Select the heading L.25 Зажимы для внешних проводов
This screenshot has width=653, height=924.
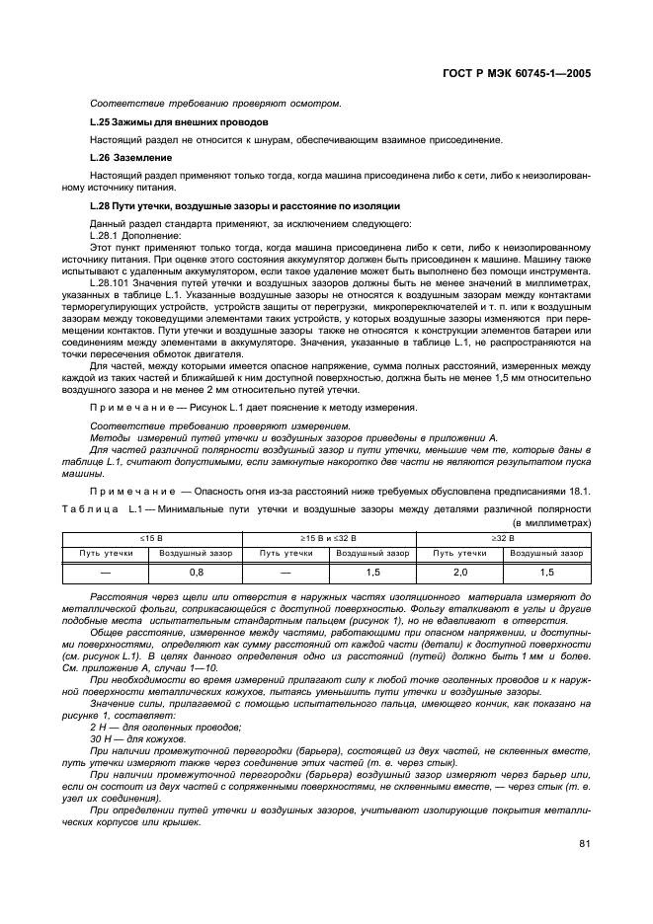coord(164,121)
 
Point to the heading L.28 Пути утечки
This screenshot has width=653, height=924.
coord(244,205)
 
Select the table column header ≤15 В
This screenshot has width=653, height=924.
coord(150,538)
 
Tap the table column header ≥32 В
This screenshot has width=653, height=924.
coord(504,538)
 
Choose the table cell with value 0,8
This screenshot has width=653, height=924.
coord(196,572)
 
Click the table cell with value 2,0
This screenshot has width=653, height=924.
coord(459,572)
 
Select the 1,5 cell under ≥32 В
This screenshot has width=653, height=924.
coord(547,572)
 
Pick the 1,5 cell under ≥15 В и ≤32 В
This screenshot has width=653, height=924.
coord(372,572)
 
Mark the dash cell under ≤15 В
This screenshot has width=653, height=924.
coord(106,572)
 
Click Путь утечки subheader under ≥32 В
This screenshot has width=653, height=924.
coord(459,553)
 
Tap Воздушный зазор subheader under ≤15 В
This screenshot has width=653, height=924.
coord(196,553)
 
